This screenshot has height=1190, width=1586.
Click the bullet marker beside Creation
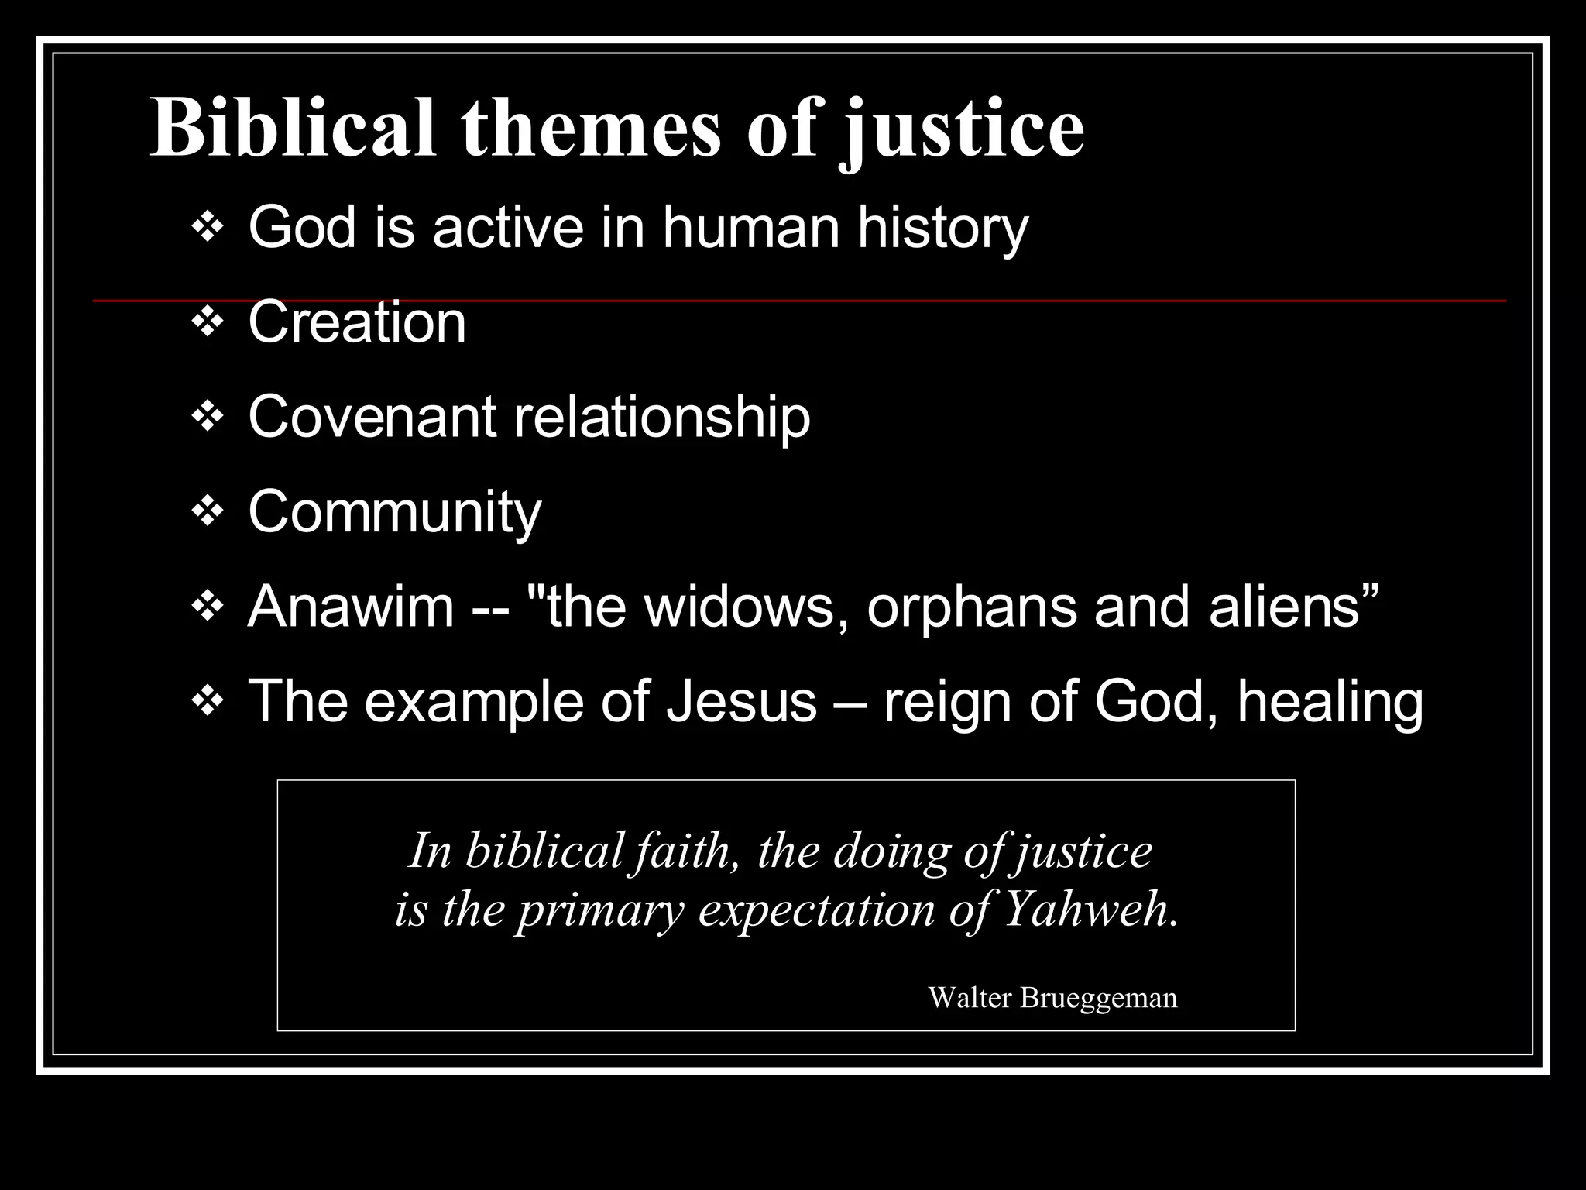point(207,323)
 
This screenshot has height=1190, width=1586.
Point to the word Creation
point(357,323)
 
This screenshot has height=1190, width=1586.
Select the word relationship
point(662,418)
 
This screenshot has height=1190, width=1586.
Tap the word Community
point(395,512)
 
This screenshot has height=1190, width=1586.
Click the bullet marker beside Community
point(207,512)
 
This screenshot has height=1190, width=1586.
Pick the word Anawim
point(351,607)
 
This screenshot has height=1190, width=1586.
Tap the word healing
point(1330,702)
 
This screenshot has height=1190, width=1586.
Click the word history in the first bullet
point(942,229)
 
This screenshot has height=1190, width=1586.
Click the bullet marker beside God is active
point(207,229)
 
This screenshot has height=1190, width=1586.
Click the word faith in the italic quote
point(684,851)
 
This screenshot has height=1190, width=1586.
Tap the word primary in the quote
point(601,910)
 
